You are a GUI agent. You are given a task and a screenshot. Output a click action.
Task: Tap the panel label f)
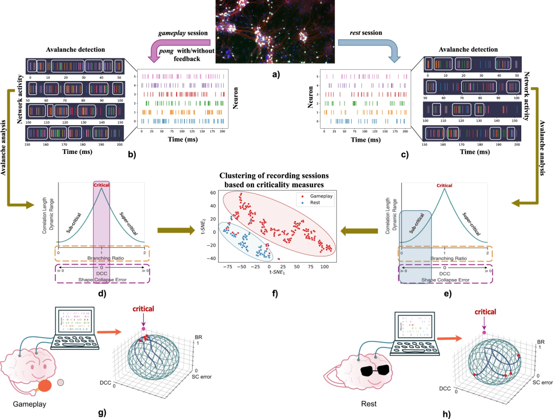pos(274,294)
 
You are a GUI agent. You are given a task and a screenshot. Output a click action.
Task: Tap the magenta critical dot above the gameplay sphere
pos(144,329)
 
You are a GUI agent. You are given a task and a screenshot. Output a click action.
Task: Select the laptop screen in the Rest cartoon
pos(411,328)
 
